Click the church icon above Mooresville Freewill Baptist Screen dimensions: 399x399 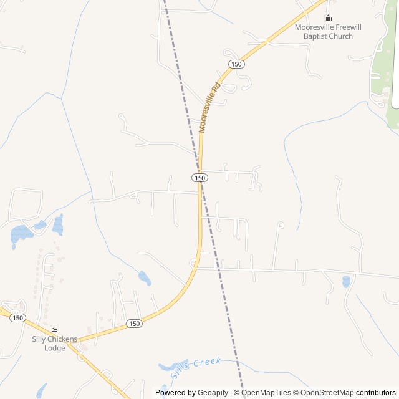(x=328, y=17)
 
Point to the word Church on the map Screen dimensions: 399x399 (x=341, y=36)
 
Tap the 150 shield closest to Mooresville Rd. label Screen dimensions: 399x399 (x=236, y=64)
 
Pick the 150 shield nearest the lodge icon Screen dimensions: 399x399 (x=17, y=318)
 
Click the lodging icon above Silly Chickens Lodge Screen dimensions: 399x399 (x=55, y=330)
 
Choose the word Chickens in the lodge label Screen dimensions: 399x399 (x=64, y=339)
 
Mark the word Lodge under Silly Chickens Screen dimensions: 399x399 (x=55, y=348)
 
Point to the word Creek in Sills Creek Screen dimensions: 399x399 (x=207, y=362)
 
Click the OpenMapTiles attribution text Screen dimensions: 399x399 (x=267, y=393)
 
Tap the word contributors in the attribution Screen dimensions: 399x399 (x=376, y=393)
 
